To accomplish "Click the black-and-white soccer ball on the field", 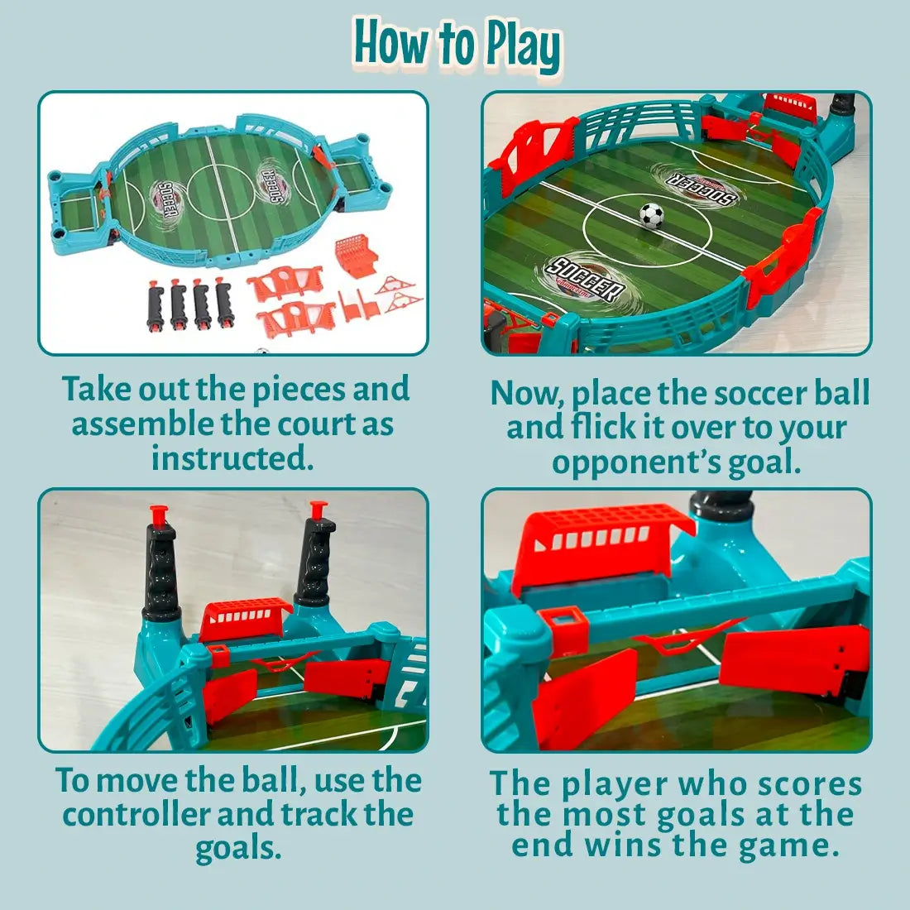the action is coord(652,215).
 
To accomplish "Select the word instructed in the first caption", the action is coord(232,458).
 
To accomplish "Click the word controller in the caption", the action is coord(136,814).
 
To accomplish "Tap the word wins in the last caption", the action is coord(624,845).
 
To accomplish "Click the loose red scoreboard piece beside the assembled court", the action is coord(355,256).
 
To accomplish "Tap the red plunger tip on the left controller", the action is coord(159,515).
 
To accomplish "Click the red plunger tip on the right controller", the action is coord(318,510).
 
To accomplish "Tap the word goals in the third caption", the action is coord(238,849).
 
